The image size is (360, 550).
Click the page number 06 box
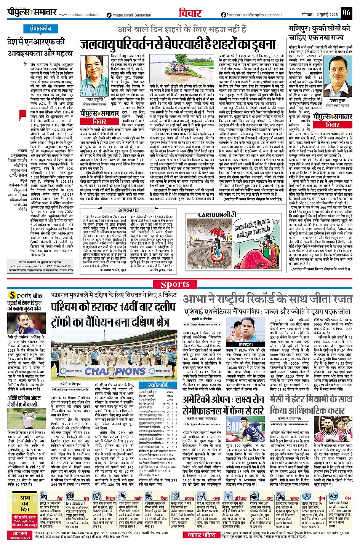pyautogui.click(x=346, y=13)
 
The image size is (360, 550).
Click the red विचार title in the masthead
pyautogui.click(x=190, y=13)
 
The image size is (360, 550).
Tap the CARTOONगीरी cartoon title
pyautogui.click(x=217, y=215)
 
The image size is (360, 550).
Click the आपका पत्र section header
pyautogui.click(x=128, y=210)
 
